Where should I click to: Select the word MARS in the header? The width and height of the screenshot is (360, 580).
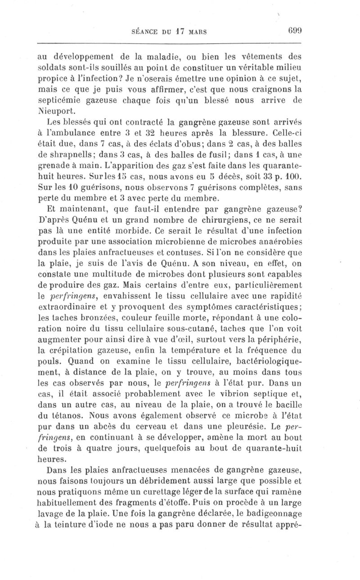tap(198, 33)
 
